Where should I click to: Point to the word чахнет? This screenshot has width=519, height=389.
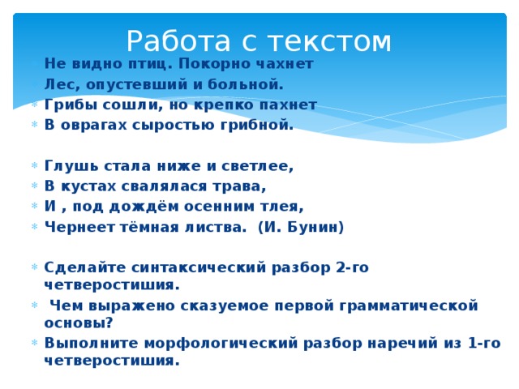(x=283, y=63)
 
